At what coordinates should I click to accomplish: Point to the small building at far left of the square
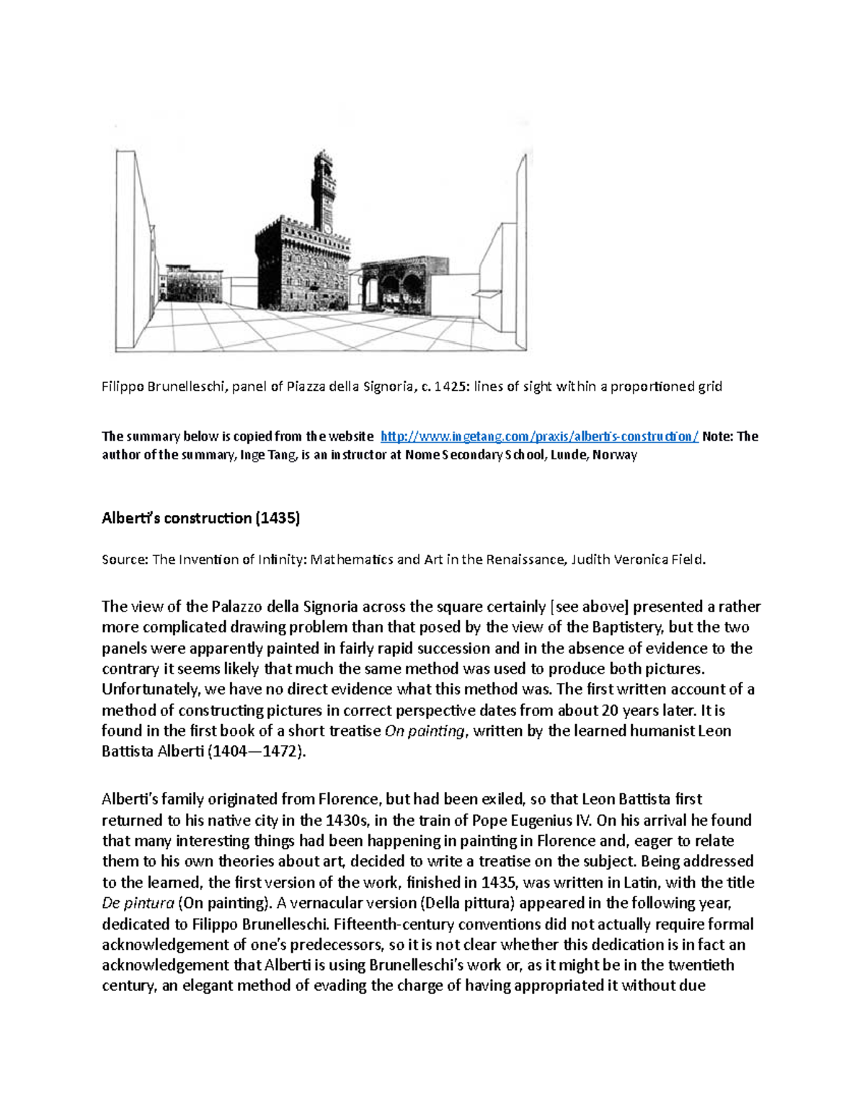pos(193,282)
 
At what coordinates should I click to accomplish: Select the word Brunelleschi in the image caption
pos(188,387)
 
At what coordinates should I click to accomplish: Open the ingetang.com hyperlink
pos(539,436)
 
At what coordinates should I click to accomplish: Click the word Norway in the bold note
pos(615,455)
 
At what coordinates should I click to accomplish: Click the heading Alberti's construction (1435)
pos(200,518)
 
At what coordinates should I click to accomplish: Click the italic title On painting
pos(425,731)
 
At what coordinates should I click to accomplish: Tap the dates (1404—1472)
pos(257,751)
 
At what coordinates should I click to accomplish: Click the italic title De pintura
pos(138,903)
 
